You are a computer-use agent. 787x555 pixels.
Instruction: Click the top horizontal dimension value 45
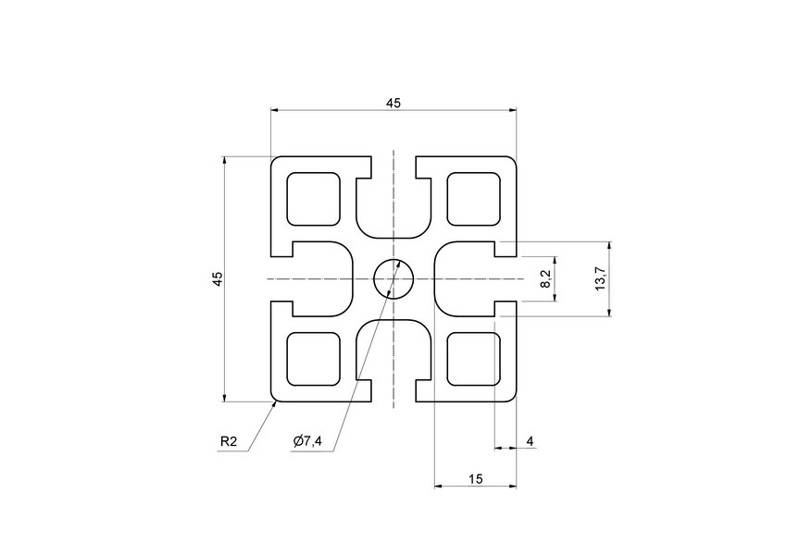coord(393,103)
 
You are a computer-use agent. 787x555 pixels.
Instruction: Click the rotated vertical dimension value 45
coord(217,279)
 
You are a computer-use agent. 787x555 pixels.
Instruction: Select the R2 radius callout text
coord(230,442)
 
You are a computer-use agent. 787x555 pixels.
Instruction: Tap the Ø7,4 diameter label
coord(307,442)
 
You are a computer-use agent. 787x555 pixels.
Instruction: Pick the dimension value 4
coord(530,441)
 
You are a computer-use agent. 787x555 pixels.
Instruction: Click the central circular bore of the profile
coord(393,278)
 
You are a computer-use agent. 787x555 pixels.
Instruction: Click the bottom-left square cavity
coord(314,359)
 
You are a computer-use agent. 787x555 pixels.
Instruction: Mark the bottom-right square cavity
coord(474,359)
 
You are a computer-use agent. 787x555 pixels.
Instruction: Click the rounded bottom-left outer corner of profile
coord(274,399)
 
